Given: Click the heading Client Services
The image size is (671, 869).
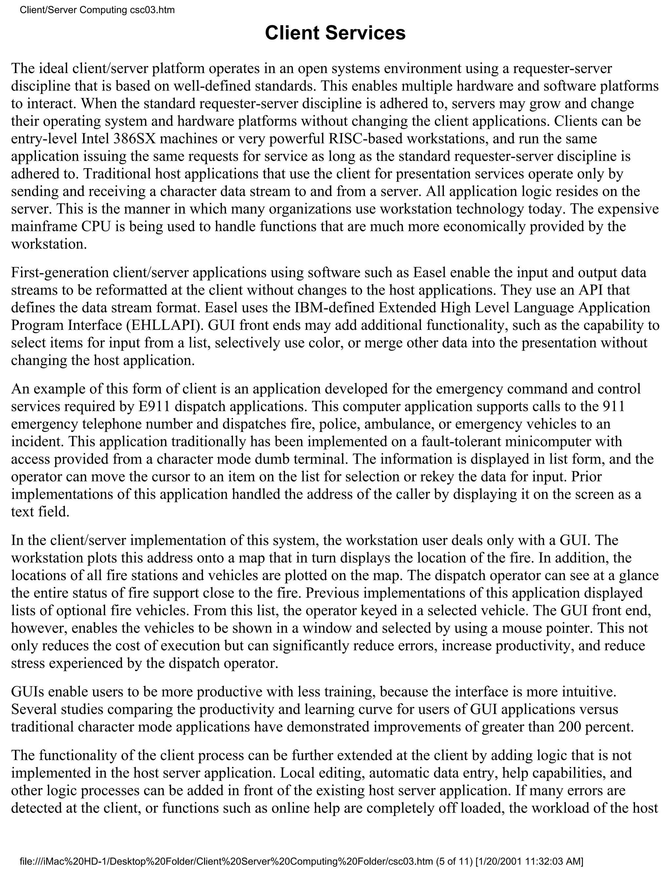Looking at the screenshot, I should click(335, 33).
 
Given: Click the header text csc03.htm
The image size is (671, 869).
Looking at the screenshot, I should click(152, 10).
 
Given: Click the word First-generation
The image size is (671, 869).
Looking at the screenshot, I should click(60, 273).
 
